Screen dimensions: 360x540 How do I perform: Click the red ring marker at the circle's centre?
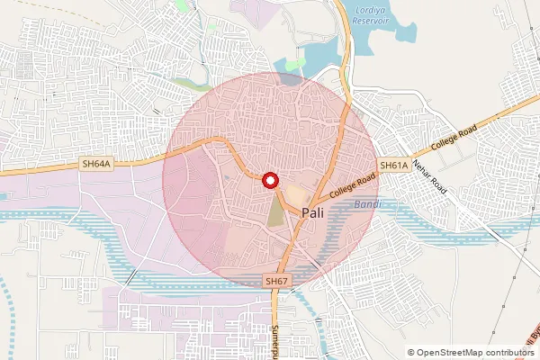pyautogui.click(x=269, y=180)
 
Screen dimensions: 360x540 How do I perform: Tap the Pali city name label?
pyautogui.click(x=314, y=213)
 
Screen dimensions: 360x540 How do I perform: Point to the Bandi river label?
pyautogui.click(x=366, y=205)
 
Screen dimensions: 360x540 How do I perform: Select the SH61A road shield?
pyautogui.click(x=393, y=166)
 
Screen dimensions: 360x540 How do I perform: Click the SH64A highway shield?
pyautogui.click(x=95, y=164)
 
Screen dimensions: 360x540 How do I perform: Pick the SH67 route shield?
pyautogui.click(x=277, y=282)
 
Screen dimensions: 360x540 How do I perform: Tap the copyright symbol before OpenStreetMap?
pyautogui.click(x=411, y=353)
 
